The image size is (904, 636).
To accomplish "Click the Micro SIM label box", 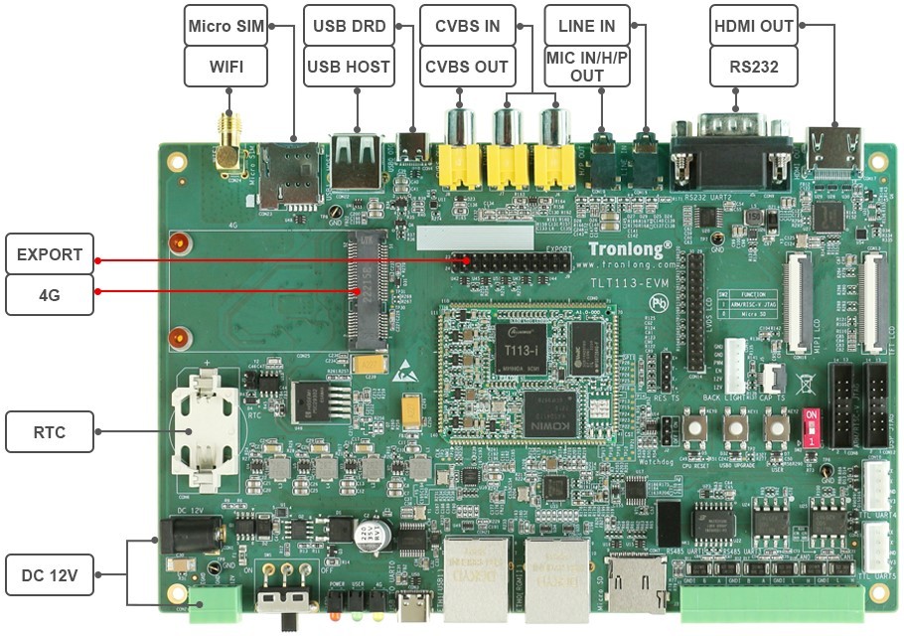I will point(226,26).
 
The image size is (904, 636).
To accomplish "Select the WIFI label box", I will point(226,67).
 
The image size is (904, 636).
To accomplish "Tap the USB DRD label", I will point(349,26).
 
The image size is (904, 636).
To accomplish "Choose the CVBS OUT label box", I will point(467,67).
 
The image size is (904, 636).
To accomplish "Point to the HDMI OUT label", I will point(754,26).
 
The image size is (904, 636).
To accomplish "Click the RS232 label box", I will point(754,67).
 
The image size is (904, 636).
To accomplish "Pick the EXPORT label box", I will point(50,254).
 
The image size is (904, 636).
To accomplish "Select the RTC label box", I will point(50,432).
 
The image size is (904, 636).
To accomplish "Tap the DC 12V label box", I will point(50,574).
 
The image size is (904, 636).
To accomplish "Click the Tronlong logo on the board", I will point(630,248).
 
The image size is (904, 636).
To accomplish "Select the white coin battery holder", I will point(206,432).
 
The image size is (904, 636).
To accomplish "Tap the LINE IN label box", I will point(587,26).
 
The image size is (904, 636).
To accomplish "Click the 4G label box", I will point(50,294).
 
